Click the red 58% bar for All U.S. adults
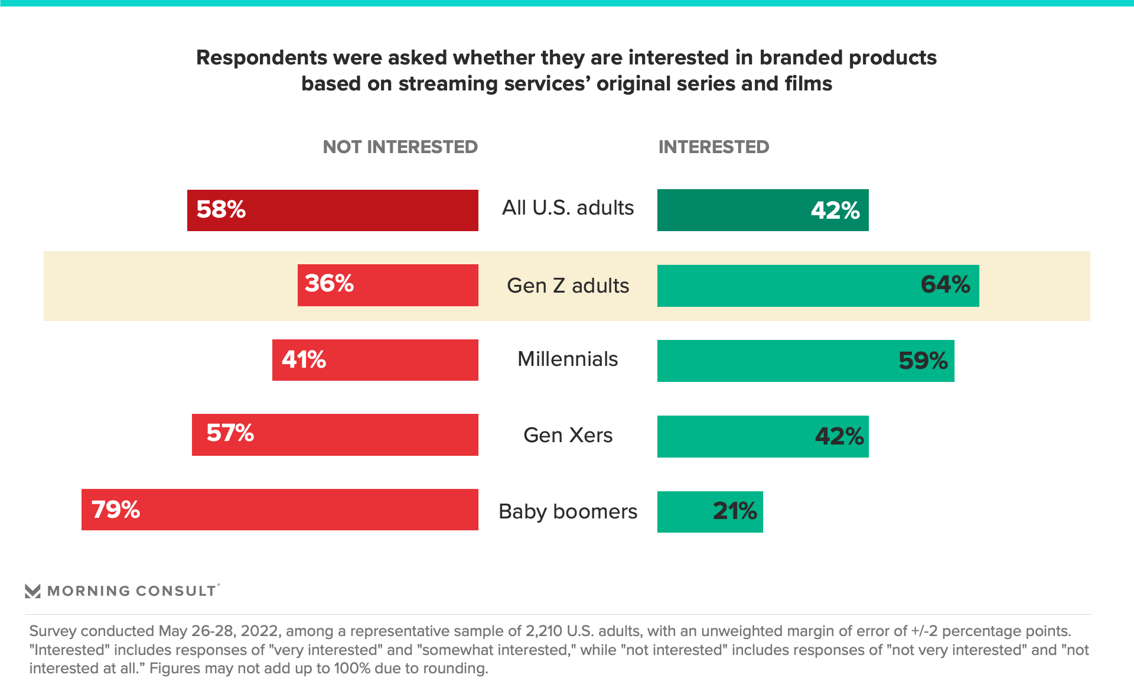(333, 210)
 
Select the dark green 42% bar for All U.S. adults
(762, 210)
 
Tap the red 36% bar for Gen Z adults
(388, 285)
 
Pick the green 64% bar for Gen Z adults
(817, 286)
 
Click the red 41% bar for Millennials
(375, 360)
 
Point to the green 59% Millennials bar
(805, 361)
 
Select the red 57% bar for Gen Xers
(335, 434)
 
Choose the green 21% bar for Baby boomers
(709, 512)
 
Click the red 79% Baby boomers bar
(279, 510)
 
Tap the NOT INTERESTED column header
(400, 147)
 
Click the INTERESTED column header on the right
(713, 147)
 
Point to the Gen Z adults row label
(568, 286)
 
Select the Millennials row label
(568, 359)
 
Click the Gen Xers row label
(568, 435)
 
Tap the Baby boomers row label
(568, 511)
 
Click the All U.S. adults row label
(568, 208)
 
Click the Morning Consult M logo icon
(32, 591)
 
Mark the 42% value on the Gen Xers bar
(839, 436)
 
